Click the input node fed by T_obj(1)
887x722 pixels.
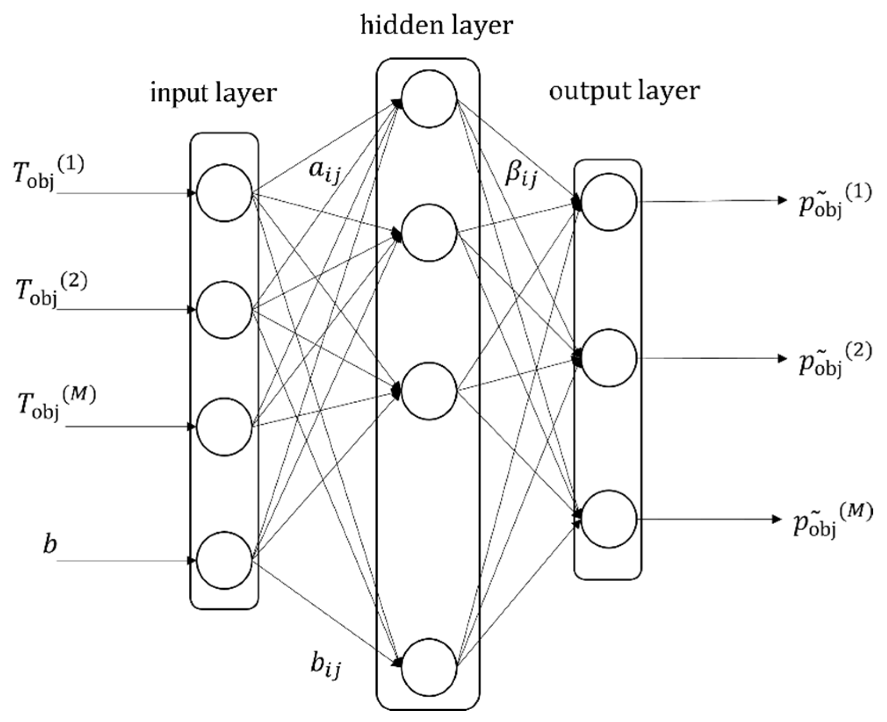click(x=224, y=193)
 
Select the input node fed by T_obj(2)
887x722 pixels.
click(x=224, y=310)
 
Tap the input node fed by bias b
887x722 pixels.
click(x=224, y=561)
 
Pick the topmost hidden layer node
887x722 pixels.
click(x=429, y=100)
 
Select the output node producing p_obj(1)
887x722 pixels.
click(x=609, y=202)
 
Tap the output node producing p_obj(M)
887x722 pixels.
click(x=609, y=520)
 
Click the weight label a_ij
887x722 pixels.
click(x=324, y=172)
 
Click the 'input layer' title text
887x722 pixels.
click(x=214, y=93)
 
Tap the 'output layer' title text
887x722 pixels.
click(x=624, y=91)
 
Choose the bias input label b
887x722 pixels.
click(x=50, y=545)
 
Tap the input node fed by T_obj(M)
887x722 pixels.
click(x=224, y=427)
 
